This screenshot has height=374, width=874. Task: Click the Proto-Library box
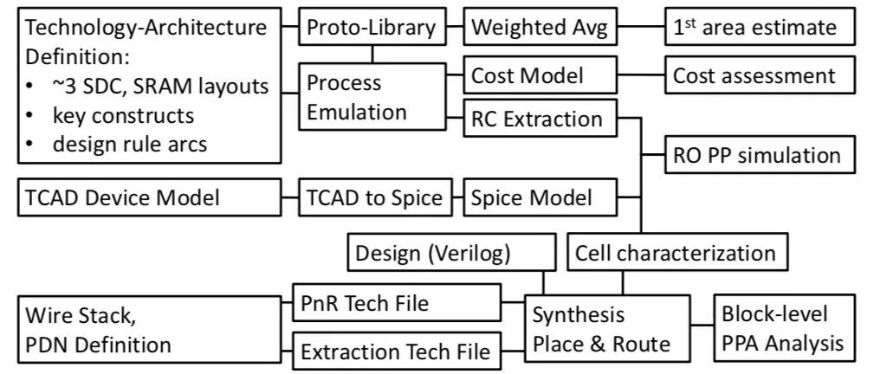pyautogui.click(x=371, y=28)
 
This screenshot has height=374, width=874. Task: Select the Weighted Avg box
pyautogui.click(x=541, y=28)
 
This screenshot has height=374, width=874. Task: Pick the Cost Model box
pyautogui.click(x=526, y=76)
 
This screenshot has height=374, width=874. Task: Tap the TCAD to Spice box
pyautogui.click(x=372, y=198)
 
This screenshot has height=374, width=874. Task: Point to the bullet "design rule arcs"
pyautogui.click(x=130, y=144)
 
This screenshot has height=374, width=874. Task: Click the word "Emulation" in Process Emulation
pyautogui.click(x=356, y=112)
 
